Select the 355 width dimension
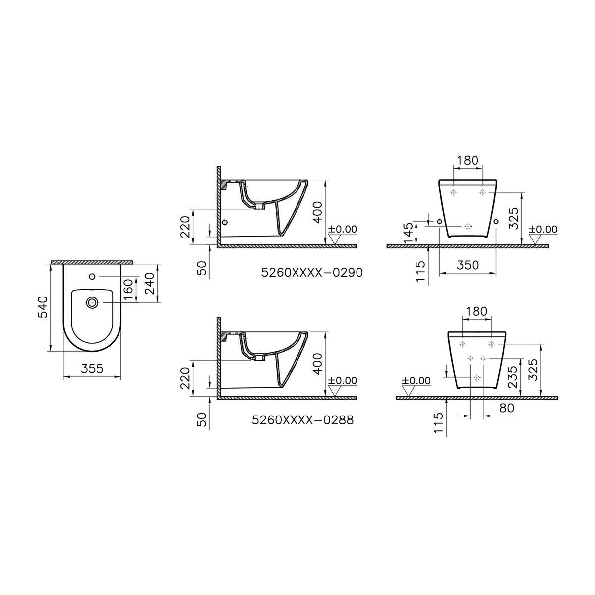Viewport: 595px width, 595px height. coord(92,368)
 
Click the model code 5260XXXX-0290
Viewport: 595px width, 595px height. coord(312,273)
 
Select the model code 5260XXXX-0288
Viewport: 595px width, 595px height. coord(303,420)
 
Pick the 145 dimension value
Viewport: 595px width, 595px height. coord(408,233)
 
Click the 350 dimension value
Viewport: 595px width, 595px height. coord(468,265)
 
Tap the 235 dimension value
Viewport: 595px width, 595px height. coord(512,377)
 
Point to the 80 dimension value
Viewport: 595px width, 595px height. coord(506,408)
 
